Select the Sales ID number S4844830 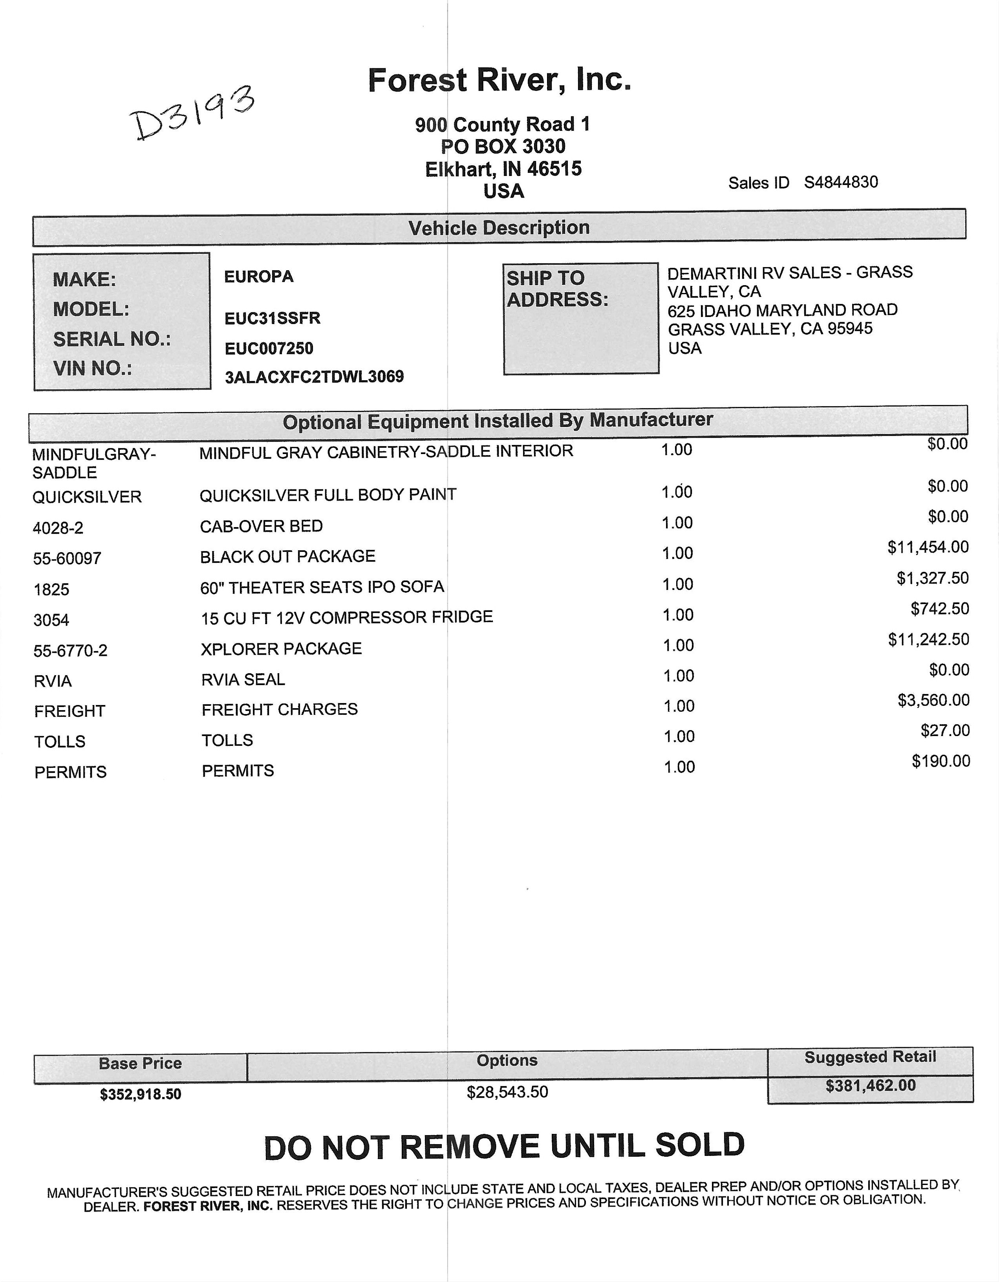[x=840, y=183]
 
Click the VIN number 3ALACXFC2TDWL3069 [x=314, y=377]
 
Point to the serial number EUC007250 [x=269, y=349]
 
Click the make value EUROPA [x=259, y=277]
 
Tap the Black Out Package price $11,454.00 [x=928, y=548]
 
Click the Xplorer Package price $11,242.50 [x=928, y=639]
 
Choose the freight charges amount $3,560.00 [x=933, y=700]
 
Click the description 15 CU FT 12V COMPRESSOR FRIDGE [x=347, y=617]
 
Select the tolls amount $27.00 [x=945, y=731]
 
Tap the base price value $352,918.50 [x=140, y=1095]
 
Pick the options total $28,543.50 [x=507, y=1092]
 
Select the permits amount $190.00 [x=940, y=761]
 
